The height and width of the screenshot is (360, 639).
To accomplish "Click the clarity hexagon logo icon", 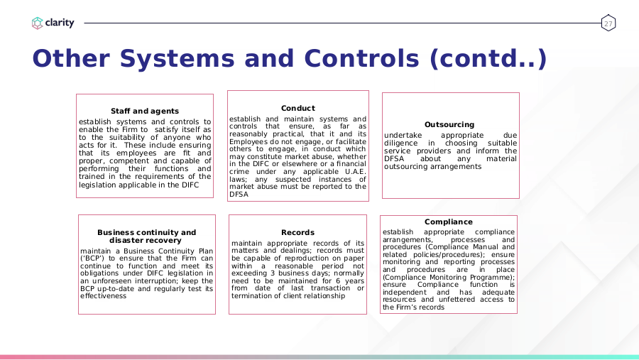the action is click(x=37, y=23).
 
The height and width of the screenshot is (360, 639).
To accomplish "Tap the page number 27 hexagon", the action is click(x=608, y=23).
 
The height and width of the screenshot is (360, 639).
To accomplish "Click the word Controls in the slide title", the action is click(x=361, y=58).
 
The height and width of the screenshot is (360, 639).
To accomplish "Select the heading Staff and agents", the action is click(x=145, y=111).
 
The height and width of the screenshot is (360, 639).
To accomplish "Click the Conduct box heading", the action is click(x=298, y=108).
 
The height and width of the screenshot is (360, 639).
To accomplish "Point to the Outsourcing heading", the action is click(x=449, y=124).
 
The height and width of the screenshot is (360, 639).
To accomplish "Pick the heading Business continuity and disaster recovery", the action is click(x=146, y=236).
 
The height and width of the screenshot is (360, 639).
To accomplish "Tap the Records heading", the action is click(x=297, y=232).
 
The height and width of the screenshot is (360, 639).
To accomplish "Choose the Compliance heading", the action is click(x=448, y=222).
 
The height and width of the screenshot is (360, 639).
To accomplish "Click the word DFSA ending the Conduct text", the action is click(x=239, y=195).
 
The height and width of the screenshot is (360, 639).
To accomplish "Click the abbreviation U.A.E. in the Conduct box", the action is click(x=356, y=172).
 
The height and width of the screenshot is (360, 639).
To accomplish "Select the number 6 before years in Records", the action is click(x=338, y=281).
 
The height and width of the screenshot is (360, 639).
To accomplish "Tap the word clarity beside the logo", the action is click(x=60, y=23).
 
